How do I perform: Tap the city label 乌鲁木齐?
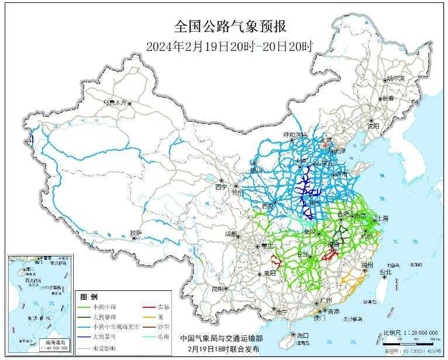click(x=115, y=102)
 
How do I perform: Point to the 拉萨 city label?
click(x=136, y=232)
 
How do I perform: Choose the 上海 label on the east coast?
click(x=384, y=218)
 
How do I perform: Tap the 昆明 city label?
click(x=218, y=289)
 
